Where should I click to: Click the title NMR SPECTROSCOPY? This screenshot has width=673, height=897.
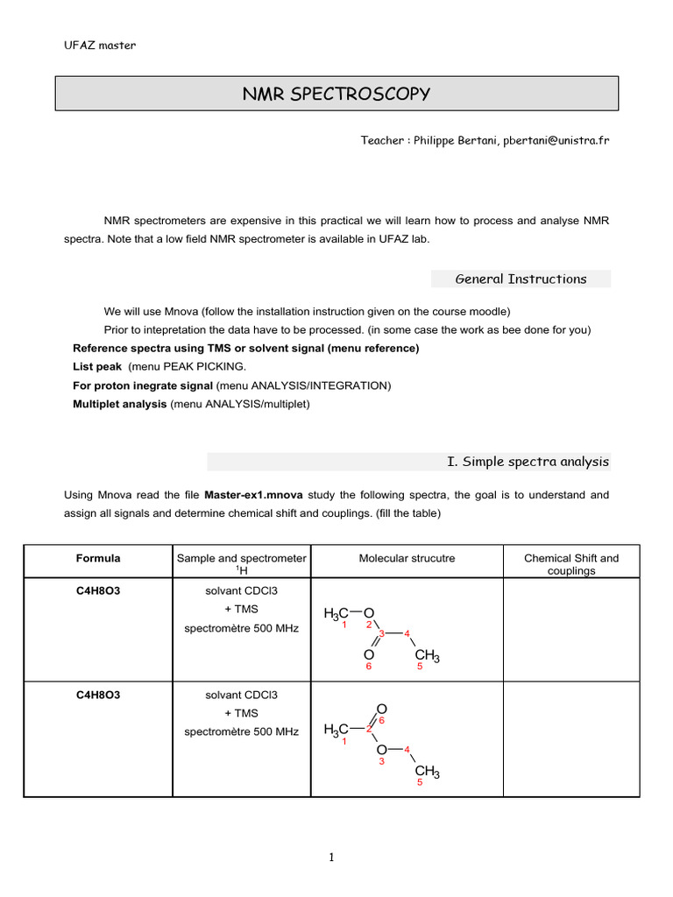coord(336,94)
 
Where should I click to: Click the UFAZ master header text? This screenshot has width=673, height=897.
coord(100,46)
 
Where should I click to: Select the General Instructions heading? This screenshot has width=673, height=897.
coord(521,279)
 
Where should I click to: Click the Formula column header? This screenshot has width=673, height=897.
coord(98,558)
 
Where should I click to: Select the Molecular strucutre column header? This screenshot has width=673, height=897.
coord(407,558)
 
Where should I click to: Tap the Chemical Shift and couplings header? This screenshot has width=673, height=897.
coord(570,564)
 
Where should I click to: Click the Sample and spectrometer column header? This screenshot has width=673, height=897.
coord(242,558)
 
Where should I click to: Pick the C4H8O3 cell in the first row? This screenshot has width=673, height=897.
coord(98,591)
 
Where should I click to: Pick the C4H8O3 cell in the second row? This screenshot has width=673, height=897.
coord(98,695)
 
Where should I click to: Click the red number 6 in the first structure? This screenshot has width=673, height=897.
coord(369,667)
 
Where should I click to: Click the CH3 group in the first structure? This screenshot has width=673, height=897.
coord(427,656)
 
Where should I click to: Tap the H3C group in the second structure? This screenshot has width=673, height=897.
coord(336,729)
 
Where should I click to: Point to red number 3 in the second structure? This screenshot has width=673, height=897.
coord(381,762)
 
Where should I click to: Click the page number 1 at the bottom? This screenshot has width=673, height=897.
coord(333,858)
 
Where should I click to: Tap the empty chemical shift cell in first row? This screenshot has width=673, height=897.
coord(570,631)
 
